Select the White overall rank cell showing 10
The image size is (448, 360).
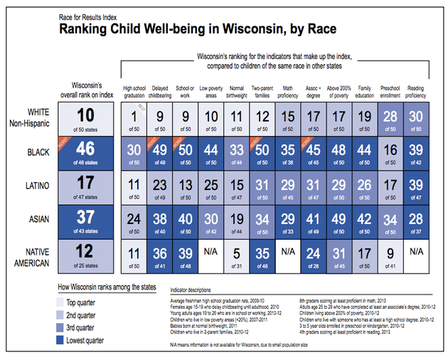(x=86, y=119)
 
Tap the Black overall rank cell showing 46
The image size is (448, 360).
(x=86, y=153)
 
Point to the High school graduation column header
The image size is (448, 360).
(x=133, y=92)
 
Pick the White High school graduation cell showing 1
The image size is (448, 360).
(x=133, y=119)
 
